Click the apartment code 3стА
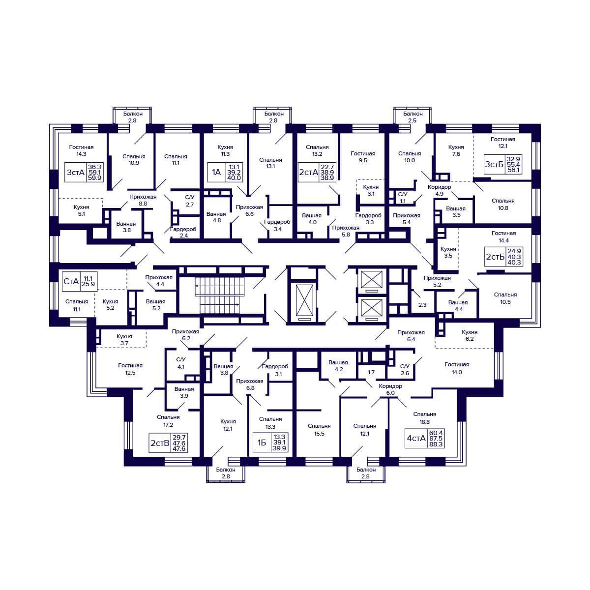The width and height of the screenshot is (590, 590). click(x=75, y=173)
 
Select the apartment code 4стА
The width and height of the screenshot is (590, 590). click(x=416, y=438)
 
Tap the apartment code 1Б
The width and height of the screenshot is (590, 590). click(x=262, y=442)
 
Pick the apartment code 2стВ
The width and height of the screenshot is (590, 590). click(x=160, y=442)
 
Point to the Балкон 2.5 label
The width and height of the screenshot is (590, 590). click(x=413, y=117)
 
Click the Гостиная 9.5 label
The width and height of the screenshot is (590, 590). click(x=363, y=157)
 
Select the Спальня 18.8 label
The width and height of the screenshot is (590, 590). click(x=425, y=417)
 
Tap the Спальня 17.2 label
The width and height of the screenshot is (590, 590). click(x=168, y=421)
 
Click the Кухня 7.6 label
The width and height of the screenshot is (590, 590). click(x=456, y=150)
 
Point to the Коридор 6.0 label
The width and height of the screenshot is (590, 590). click(x=390, y=389)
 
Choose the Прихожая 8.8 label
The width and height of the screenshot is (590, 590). click(x=143, y=200)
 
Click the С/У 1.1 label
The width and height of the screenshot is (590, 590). click(x=403, y=198)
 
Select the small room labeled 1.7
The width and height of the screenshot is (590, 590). click(x=371, y=372)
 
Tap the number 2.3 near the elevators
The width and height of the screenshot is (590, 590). click(x=422, y=305)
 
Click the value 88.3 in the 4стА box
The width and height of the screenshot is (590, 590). click(x=436, y=444)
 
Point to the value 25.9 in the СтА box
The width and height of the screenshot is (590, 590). click(x=88, y=284)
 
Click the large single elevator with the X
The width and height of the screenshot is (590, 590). click(x=305, y=302)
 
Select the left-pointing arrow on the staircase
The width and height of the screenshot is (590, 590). click(x=220, y=286)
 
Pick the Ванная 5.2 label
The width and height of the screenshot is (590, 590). click(x=156, y=305)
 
